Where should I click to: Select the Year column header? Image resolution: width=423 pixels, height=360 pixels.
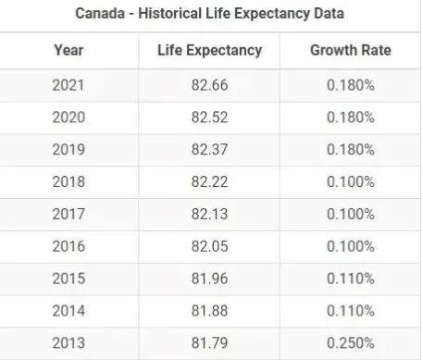click(x=68, y=51)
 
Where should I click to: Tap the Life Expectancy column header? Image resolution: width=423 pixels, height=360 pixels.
click(x=209, y=51)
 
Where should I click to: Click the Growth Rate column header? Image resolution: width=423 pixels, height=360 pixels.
click(x=350, y=51)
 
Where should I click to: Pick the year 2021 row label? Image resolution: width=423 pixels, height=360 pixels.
click(x=68, y=85)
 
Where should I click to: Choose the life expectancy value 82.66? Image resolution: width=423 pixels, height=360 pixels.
click(x=209, y=85)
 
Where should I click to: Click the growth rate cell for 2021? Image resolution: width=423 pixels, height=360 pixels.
click(x=350, y=85)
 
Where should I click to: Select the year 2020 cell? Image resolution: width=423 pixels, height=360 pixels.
click(x=68, y=118)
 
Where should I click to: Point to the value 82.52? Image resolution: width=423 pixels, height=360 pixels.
click(x=209, y=118)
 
